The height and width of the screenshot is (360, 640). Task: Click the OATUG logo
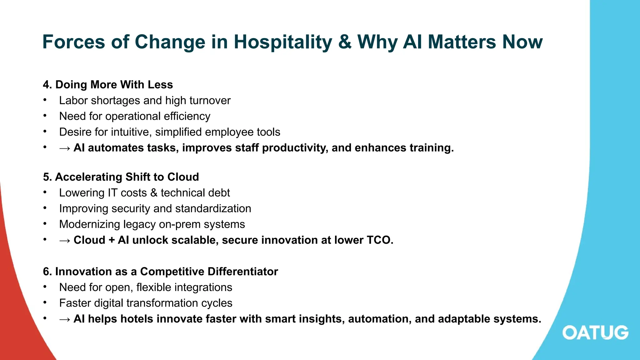coord(595,332)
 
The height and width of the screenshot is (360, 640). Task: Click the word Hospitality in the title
coord(283,42)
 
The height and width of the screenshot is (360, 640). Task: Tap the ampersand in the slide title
coord(345,42)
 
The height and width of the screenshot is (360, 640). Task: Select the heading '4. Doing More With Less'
coord(108,85)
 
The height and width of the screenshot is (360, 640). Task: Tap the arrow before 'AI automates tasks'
coord(65,148)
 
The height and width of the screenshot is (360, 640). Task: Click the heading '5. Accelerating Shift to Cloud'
coord(121,177)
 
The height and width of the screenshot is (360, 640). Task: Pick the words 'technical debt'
coord(195,193)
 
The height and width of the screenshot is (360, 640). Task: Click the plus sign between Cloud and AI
coord(112,240)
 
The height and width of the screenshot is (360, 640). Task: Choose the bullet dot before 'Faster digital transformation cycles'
coord(45,302)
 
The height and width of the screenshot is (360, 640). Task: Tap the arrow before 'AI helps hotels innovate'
coord(65,319)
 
